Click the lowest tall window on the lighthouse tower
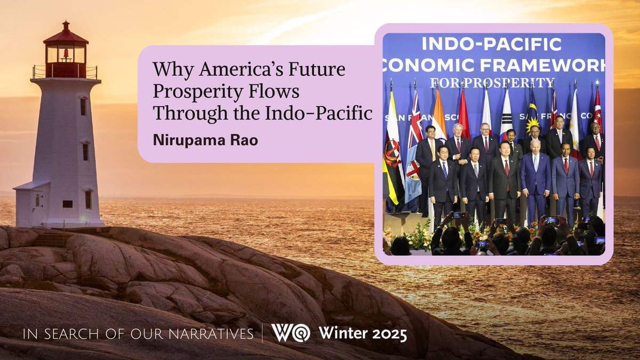[x=87, y=199]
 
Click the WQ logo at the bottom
[x=290, y=333]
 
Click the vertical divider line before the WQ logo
[x=262, y=334]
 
